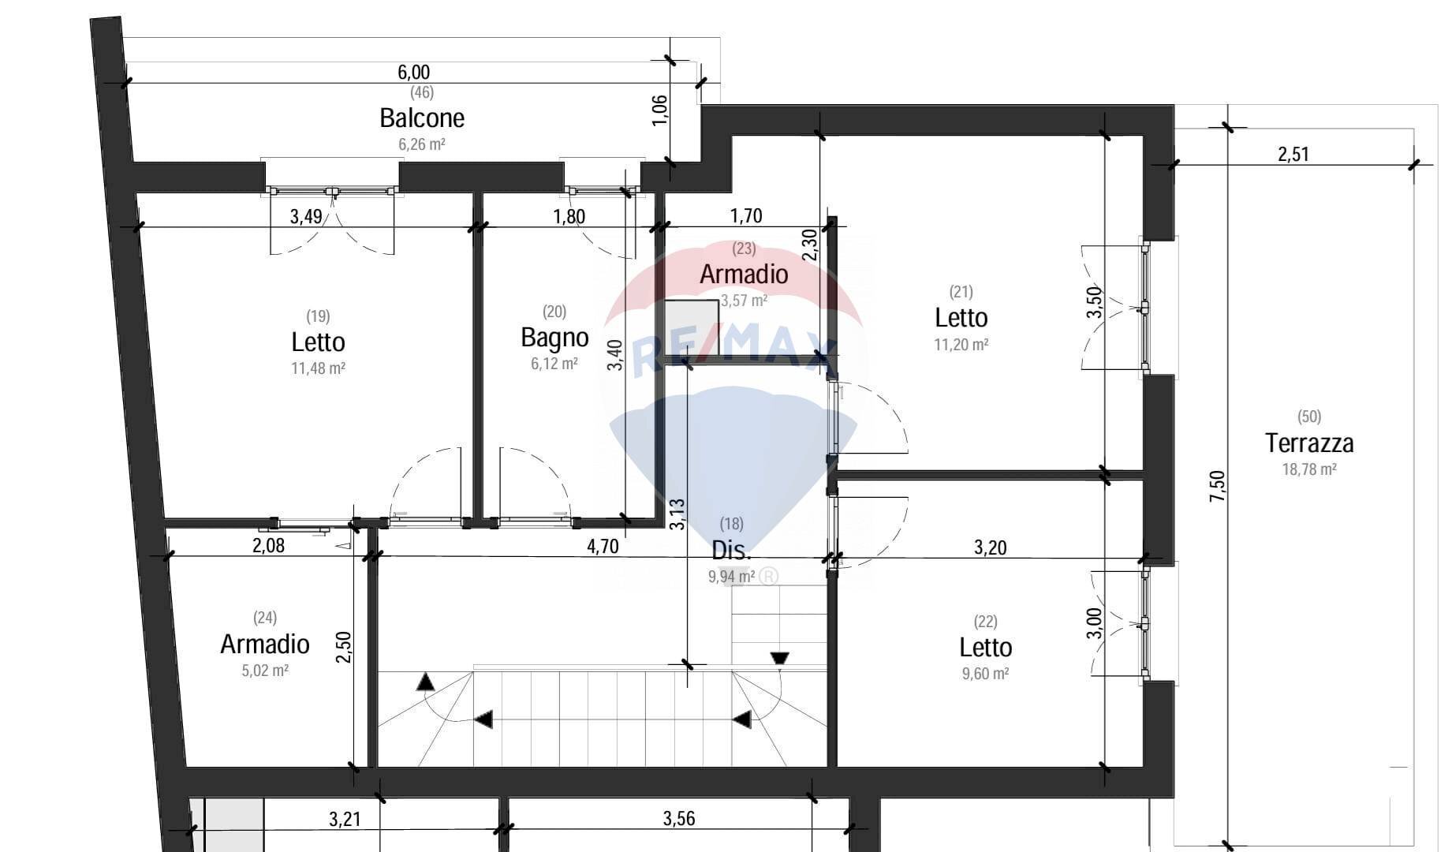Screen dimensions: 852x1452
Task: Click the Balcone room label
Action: click(x=422, y=118)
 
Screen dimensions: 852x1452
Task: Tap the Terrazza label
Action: click(x=1309, y=443)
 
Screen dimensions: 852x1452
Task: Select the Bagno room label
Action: click(x=554, y=338)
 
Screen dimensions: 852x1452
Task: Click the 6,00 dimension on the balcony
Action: click(x=413, y=73)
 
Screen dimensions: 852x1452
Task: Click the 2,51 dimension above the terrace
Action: click(x=1293, y=154)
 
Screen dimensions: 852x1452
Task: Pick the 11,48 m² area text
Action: click(x=318, y=368)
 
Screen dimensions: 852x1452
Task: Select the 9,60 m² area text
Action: click(x=985, y=674)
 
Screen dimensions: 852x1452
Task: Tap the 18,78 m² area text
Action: click(x=1309, y=469)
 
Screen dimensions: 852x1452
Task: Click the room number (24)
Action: click(x=265, y=618)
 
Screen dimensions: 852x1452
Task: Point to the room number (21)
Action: click(x=961, y=292)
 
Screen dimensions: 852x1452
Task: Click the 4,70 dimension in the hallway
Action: click(x=603, y=546)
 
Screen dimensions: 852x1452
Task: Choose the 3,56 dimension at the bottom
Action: click(x=679, y=819)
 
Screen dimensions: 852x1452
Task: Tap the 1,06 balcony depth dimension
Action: click(x=661, y=110)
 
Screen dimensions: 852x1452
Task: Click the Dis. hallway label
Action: click(x=731, y=550)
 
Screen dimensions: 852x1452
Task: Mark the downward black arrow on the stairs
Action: click(x=779, y=658)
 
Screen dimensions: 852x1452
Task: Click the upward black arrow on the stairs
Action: click(x=425, y=682)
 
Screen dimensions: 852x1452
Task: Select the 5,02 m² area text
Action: click(x=265, y=671)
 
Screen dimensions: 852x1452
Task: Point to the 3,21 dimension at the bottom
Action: click(x=345, y=819)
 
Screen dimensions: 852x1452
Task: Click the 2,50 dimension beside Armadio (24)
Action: click(x=343, y=647)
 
